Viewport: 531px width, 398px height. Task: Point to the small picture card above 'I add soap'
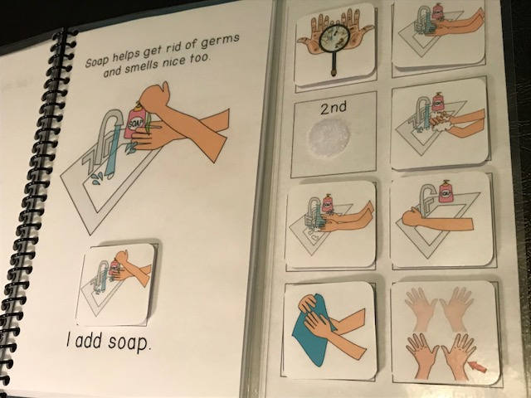tap(115, 283)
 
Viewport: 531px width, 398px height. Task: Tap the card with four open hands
tap(446, 332)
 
